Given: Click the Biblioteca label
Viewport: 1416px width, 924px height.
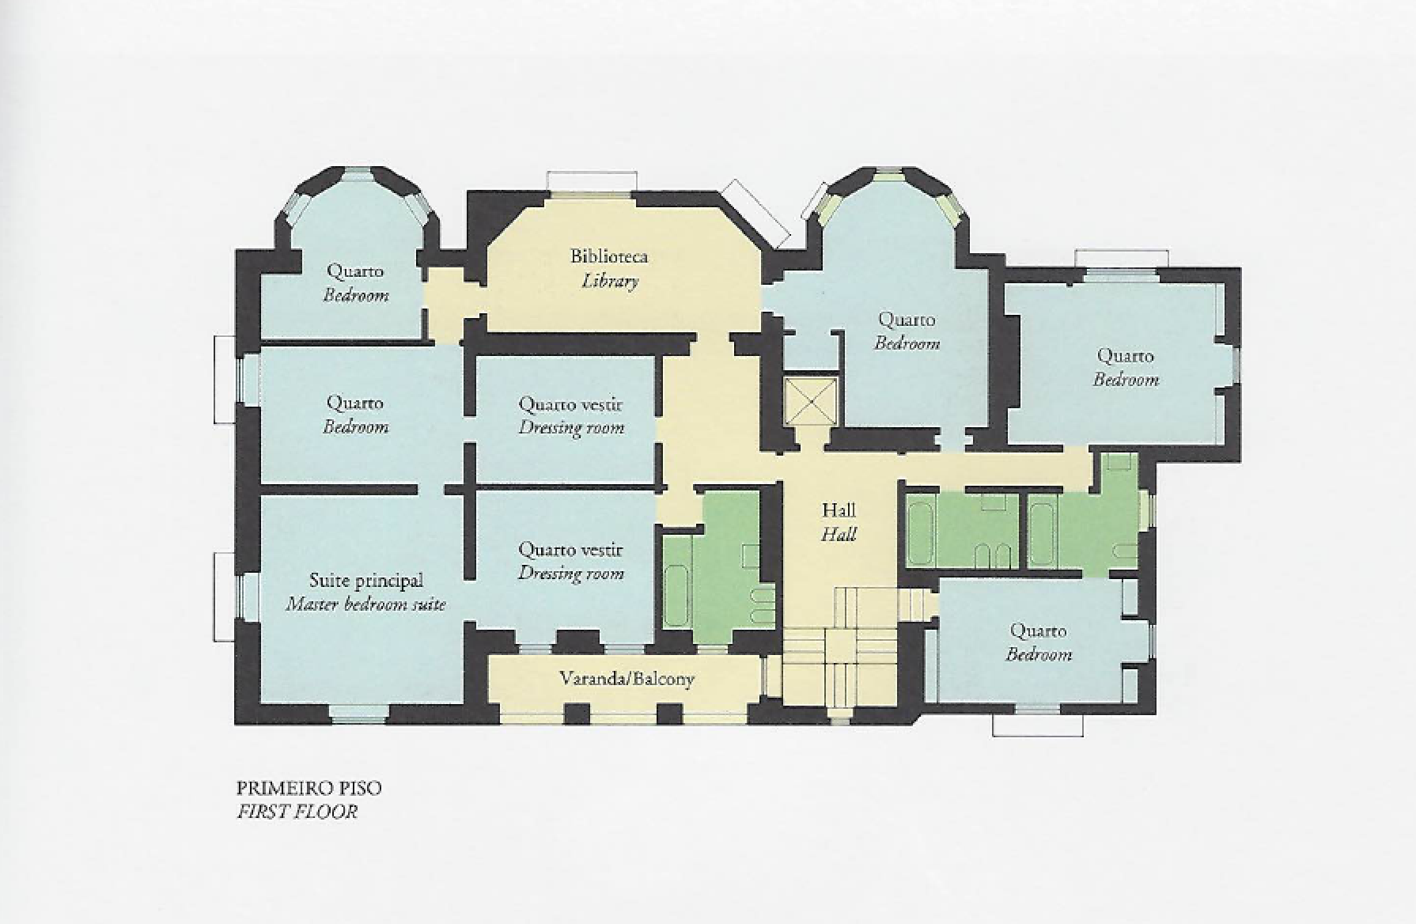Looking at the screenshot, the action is pos(609,256).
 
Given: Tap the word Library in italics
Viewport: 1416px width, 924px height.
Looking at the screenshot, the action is pos(610,281).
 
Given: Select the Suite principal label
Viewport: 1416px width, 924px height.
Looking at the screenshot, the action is pos(365,581).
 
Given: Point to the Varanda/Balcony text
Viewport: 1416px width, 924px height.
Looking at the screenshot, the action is pos(627,679).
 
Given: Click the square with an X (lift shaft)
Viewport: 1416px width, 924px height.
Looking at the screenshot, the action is pos(810,402).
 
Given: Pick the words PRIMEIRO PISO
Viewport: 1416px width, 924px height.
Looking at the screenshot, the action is pos(309,788).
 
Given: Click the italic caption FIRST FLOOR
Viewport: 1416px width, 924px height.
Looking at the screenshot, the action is pos(297,812).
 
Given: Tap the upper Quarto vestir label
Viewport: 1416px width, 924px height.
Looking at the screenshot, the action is pos(570,404).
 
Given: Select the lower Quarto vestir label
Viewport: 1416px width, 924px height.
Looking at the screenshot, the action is pos(570,550).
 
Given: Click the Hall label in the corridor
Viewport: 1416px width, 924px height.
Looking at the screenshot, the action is pos(839,510).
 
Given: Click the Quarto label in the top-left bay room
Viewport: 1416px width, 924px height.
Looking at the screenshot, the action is pos(355,271).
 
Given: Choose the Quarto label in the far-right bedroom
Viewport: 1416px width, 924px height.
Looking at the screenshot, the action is pos(1125,357).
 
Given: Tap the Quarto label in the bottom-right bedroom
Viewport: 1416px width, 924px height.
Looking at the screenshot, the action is pos(1038,631).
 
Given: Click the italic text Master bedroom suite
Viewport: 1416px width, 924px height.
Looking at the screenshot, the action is pos(365,605).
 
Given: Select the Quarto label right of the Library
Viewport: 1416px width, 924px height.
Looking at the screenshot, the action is pos(907,320).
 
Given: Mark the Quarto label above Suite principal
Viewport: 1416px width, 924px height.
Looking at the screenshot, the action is pos(355,403).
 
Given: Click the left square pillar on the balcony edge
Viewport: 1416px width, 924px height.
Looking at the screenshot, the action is pos(577,714).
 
